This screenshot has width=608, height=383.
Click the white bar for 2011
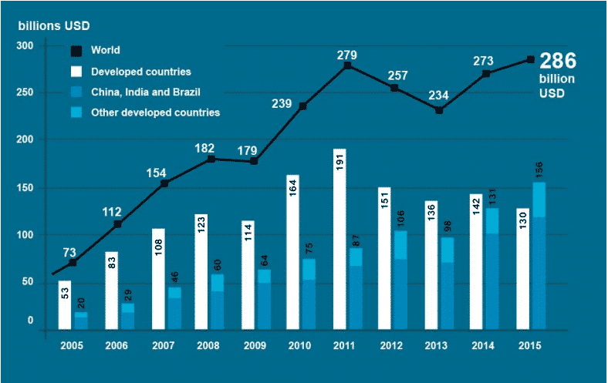pos(340,239)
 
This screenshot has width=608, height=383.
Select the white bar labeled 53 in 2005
pos(65,305)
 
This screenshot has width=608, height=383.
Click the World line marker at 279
pos(348,66)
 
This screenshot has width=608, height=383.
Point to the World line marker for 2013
pos(439,110)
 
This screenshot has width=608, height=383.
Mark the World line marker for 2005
pos(73,263)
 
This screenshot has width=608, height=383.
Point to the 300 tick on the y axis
pos(25,46)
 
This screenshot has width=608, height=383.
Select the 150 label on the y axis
pos(25,188)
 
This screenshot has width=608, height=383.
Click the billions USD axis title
pos(54,25)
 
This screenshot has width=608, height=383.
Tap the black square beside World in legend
pos(77,51)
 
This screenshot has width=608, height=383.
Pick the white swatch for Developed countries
pos(77,72)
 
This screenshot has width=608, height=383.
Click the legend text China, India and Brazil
pos(146,92)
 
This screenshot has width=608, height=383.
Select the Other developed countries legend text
pos(155,113)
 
